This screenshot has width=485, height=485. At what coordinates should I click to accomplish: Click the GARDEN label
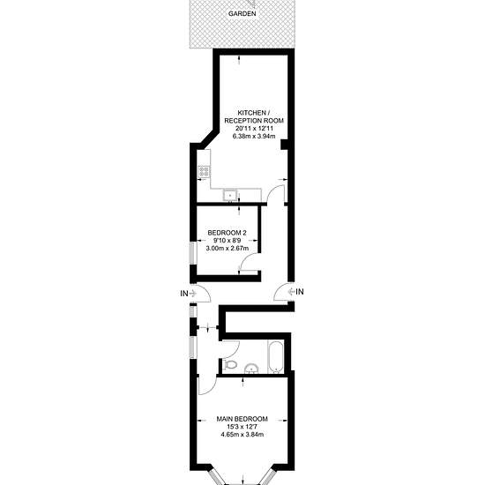(x=242, y=13)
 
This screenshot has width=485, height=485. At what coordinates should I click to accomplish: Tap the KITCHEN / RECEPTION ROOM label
(x=254, y=116)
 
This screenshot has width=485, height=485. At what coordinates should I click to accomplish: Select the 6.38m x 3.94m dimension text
(x=254, y=136)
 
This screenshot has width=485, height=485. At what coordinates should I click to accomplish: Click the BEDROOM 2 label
(x=227, y=233)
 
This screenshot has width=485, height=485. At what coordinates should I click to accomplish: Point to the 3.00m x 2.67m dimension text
(x=228, y=248)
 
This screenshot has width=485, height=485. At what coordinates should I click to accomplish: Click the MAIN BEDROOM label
(x=242, y=419)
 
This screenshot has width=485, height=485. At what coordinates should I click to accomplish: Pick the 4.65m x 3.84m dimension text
(x=242, y=435)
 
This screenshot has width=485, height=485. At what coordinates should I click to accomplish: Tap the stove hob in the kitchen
(x=204, y=172)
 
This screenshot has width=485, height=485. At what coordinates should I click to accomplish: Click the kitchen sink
(x=230, y=196)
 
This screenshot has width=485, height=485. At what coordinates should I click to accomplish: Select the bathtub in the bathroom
(x=275, y=356)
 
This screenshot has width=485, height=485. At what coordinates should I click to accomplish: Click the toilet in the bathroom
(x=229, y=365)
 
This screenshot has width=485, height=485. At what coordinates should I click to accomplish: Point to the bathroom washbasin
(x=252, y=368)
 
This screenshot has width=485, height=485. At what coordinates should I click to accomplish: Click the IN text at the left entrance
(x=184, y=294)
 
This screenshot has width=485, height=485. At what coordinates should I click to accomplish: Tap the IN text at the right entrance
(x=300, y=292)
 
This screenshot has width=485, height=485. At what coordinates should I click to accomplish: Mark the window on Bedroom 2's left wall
(x=193, y=253)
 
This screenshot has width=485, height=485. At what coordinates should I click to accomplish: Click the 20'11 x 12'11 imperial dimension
(x=254, y=128)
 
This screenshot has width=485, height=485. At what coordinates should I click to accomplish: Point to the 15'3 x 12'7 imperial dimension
(x=242, y=427)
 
